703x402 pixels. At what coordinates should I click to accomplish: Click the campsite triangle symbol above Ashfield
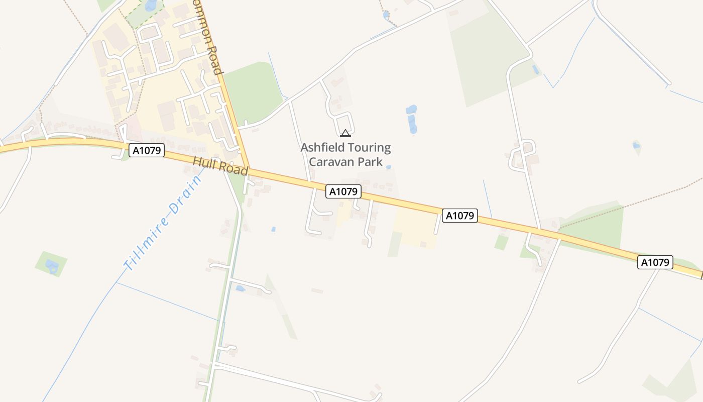pos(345,133)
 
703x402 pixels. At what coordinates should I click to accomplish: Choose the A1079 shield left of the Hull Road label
pos(147,150)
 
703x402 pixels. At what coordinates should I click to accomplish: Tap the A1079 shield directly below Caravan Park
pos(343,191)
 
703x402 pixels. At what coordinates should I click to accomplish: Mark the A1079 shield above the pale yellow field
pos(459,216)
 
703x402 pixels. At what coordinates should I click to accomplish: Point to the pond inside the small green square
pos(51,265)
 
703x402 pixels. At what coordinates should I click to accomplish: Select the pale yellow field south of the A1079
pos(416,229)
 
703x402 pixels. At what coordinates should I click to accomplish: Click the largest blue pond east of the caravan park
pos(412,124)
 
